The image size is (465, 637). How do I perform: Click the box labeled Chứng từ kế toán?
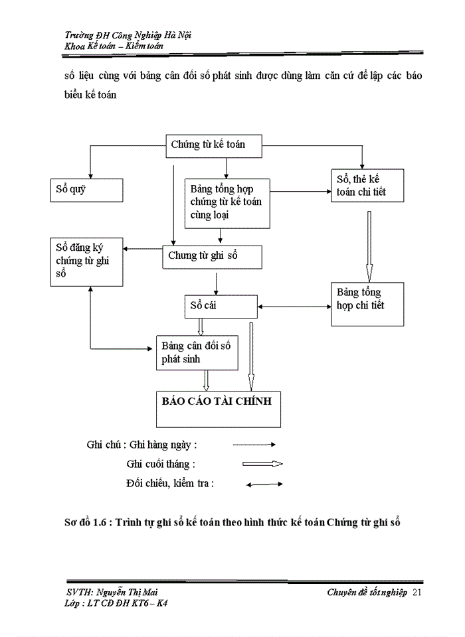pyautogui.click(x=214, y=146)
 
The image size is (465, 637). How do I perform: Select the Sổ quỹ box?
pyautogui.click(x=86, y=189)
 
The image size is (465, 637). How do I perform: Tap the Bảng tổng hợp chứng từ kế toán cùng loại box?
pyautogui.click(x=227, y=202)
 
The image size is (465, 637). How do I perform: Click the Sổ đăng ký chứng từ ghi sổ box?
pyautogui.click(x=86, y=261)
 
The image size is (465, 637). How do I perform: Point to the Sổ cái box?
pyautogui.click(x=220, y=306)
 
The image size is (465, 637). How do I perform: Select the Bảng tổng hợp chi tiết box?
pyautogui.click(x=367, y=303)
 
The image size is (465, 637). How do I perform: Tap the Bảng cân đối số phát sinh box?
pyautogui.click(x=197, y=352)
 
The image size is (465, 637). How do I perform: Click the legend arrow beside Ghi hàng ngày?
pyautogui.click(x=253, y=445)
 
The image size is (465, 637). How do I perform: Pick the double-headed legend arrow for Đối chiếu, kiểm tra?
pyautogui.click(x=264, y=484)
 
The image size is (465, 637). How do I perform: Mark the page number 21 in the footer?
pyautogui.click(x=417, y=592)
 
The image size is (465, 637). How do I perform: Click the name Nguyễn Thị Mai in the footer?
pyautogui.click(x=128, y=592)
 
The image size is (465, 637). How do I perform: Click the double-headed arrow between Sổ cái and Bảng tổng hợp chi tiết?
pyautogui.click(x=294, y=307)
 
